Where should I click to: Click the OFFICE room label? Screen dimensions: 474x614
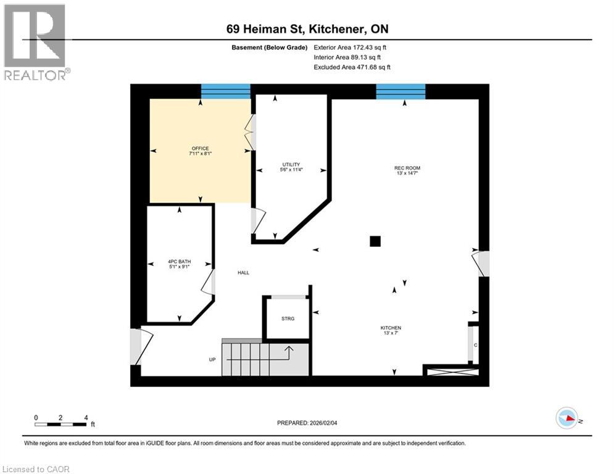200,149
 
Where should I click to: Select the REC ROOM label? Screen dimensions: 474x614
407,168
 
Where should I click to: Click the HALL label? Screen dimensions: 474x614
243,273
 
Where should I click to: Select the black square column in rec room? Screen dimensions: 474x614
375,242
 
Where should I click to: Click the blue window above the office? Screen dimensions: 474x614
226,91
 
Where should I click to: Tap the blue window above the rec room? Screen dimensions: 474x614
400,91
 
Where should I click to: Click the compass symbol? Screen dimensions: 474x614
566,418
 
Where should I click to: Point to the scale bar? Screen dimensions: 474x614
61,424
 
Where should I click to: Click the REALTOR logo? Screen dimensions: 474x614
35,42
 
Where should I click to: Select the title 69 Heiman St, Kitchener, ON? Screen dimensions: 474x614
307,29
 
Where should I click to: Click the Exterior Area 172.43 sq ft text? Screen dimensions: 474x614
351,47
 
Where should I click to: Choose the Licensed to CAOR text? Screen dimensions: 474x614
37,469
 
